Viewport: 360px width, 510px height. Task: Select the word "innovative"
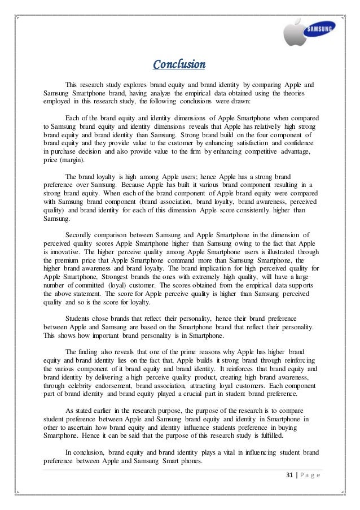pyautogui.click(x=71, y=251)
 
